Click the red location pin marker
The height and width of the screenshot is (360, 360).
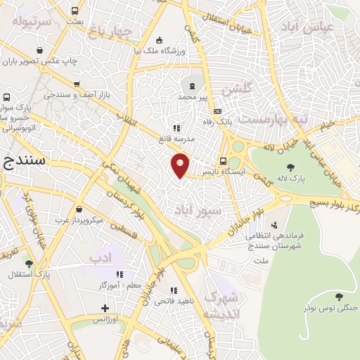tap(181, 165)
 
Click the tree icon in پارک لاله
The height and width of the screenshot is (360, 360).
tap(290, 167)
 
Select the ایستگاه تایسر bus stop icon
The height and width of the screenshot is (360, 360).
tap(223, 160)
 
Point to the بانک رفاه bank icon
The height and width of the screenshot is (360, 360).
tap(217, 110)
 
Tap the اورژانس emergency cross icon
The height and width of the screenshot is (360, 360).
tap(105, 308)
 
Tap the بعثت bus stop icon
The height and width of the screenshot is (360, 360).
tap(75, 11)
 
